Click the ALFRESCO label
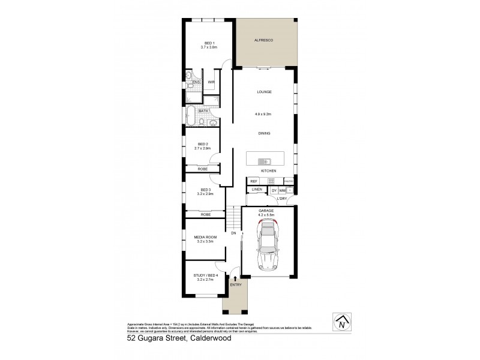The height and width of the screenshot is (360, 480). click(x=265, y=40)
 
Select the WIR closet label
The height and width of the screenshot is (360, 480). click(x=211, y=82)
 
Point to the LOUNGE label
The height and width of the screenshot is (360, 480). click(x=265, y=92)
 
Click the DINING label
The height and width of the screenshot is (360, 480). click(x=265, y=133)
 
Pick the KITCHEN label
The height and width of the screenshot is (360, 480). click(x=268, y=172)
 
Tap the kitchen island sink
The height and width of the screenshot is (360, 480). click(x=264, y=161)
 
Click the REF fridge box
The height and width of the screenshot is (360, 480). click(x=254, y=181)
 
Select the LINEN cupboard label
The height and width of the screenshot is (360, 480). click(x=257, y=190)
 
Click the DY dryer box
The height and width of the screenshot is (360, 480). click(x=274, y=190)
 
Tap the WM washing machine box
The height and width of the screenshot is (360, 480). click(x=283, y=190)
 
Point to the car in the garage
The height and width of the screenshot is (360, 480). click(x=268, y=246)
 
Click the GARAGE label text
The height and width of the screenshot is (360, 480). click(x=266, y=210)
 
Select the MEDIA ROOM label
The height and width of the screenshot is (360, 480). click(x=205, y=237)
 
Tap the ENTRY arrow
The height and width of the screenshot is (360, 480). click(x=235, y=278)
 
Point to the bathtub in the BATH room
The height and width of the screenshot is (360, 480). click(x=191, y=115)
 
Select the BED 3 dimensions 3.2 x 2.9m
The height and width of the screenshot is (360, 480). click(x=206, y=194)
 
